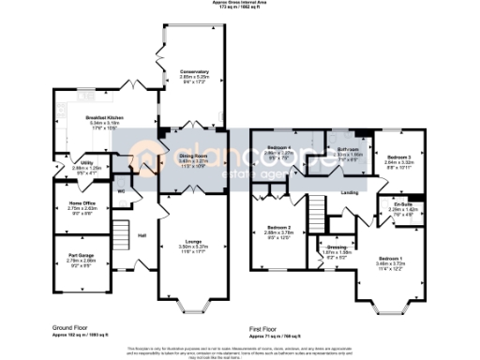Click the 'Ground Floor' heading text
tap(71, 328)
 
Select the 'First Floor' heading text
tap(265, 328)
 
